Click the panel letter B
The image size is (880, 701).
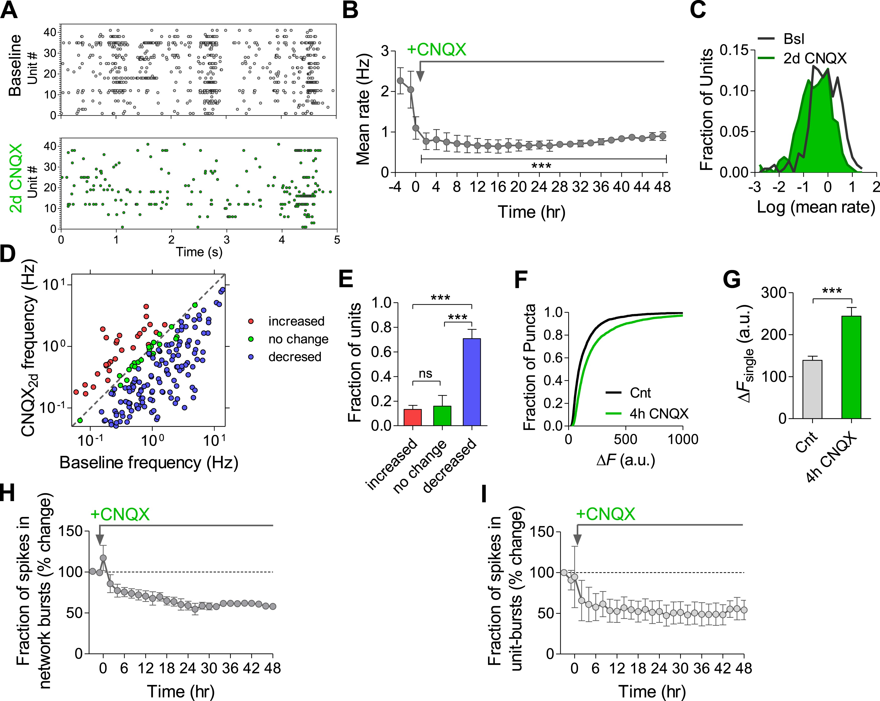(350, 10)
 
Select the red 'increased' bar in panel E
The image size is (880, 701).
(413, 417)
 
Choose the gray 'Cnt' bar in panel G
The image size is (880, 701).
(812, 389)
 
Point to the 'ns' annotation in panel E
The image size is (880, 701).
(425, 374)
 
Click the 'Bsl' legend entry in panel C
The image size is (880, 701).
(794, 39)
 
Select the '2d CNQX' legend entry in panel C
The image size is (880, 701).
(815, 58)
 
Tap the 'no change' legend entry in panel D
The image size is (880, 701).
(298, 339)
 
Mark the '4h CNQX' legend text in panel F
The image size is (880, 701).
(659, 414)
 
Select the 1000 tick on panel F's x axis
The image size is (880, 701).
(683, 439)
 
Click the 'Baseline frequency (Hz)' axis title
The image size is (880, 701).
(149, 463)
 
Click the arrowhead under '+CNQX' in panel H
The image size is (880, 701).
(100, 540)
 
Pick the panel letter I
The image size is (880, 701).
(484, 494)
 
